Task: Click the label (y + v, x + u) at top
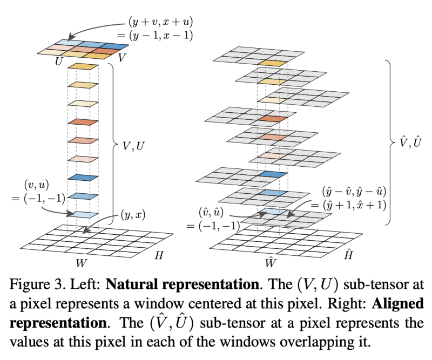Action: tap(160, 23)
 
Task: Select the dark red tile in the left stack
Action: tap(83, 122)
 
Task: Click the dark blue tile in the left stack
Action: tap(83, 178)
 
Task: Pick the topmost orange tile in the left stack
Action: tap(83, 66)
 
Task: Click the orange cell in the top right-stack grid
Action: tap(272, 63)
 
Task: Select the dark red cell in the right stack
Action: tap(272, 119)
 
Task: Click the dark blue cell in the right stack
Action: tap(272, 175)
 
